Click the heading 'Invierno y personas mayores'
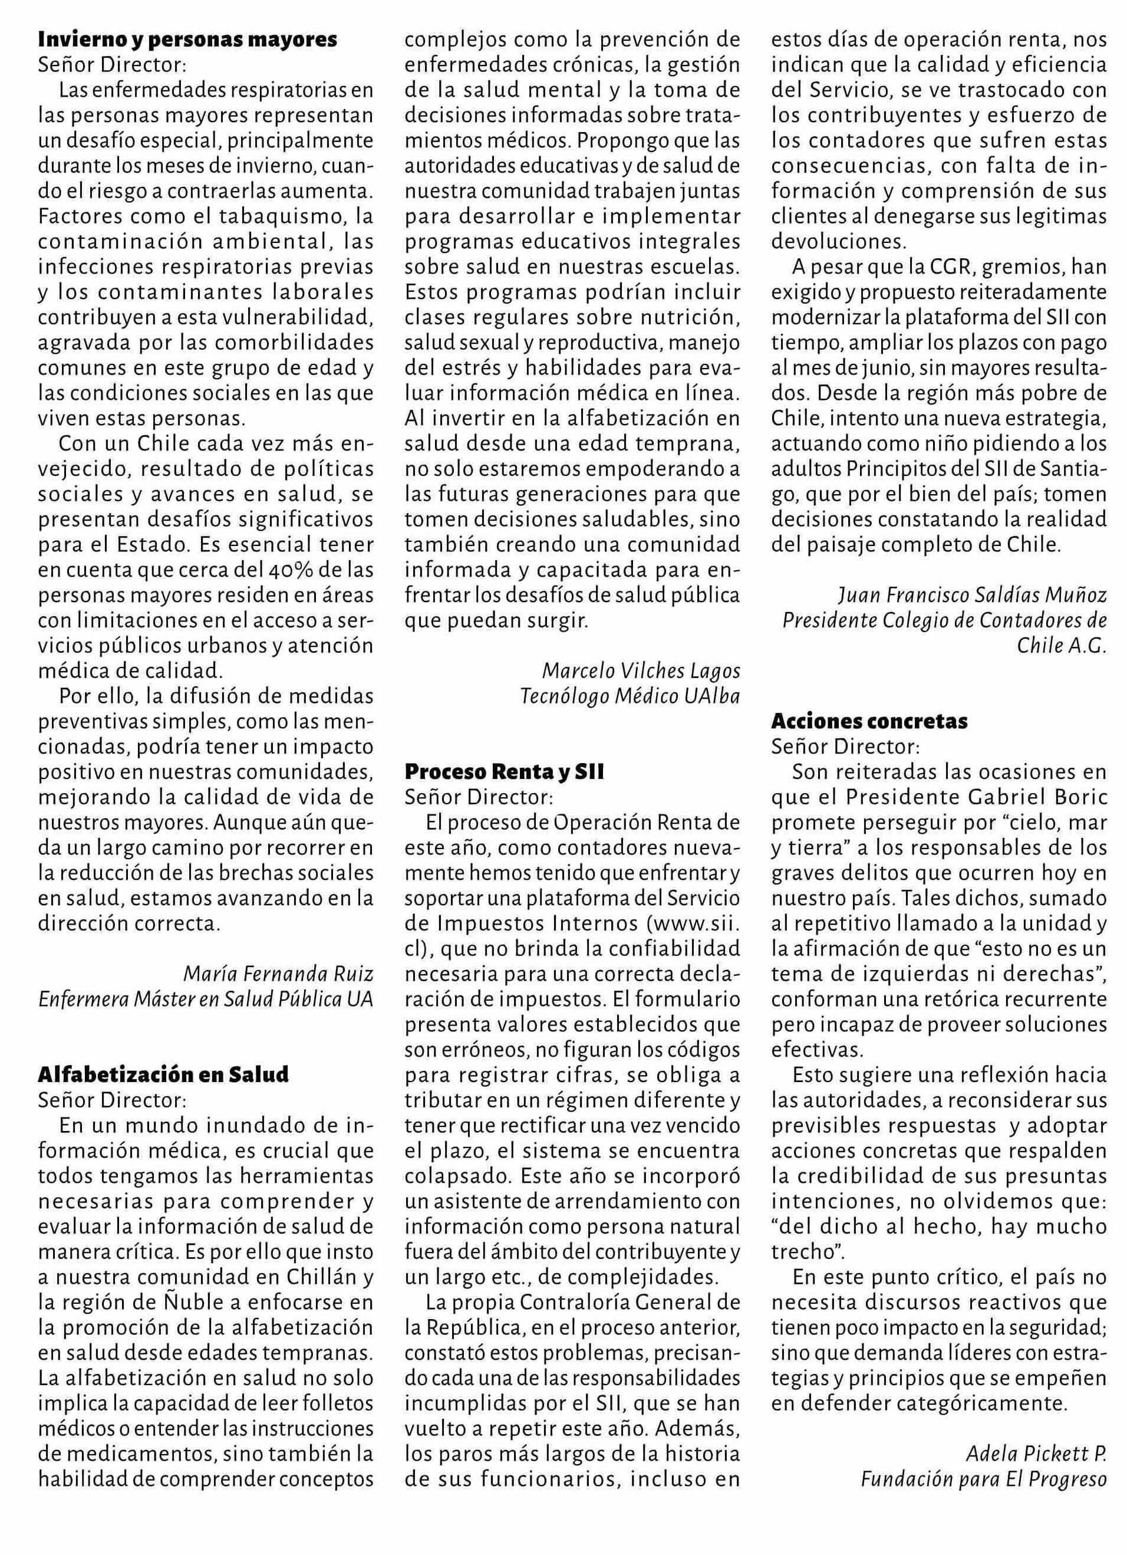pos(187,40)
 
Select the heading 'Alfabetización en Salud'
pos(163,1074)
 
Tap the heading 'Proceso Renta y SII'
pos(505,771)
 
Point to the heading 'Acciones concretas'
pos(869,721)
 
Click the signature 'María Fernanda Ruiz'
pos(278,973)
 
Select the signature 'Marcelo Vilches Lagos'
pos(641,669)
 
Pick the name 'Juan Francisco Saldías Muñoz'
pos(972,594)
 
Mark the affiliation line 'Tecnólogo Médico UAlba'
pos(630,695)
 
